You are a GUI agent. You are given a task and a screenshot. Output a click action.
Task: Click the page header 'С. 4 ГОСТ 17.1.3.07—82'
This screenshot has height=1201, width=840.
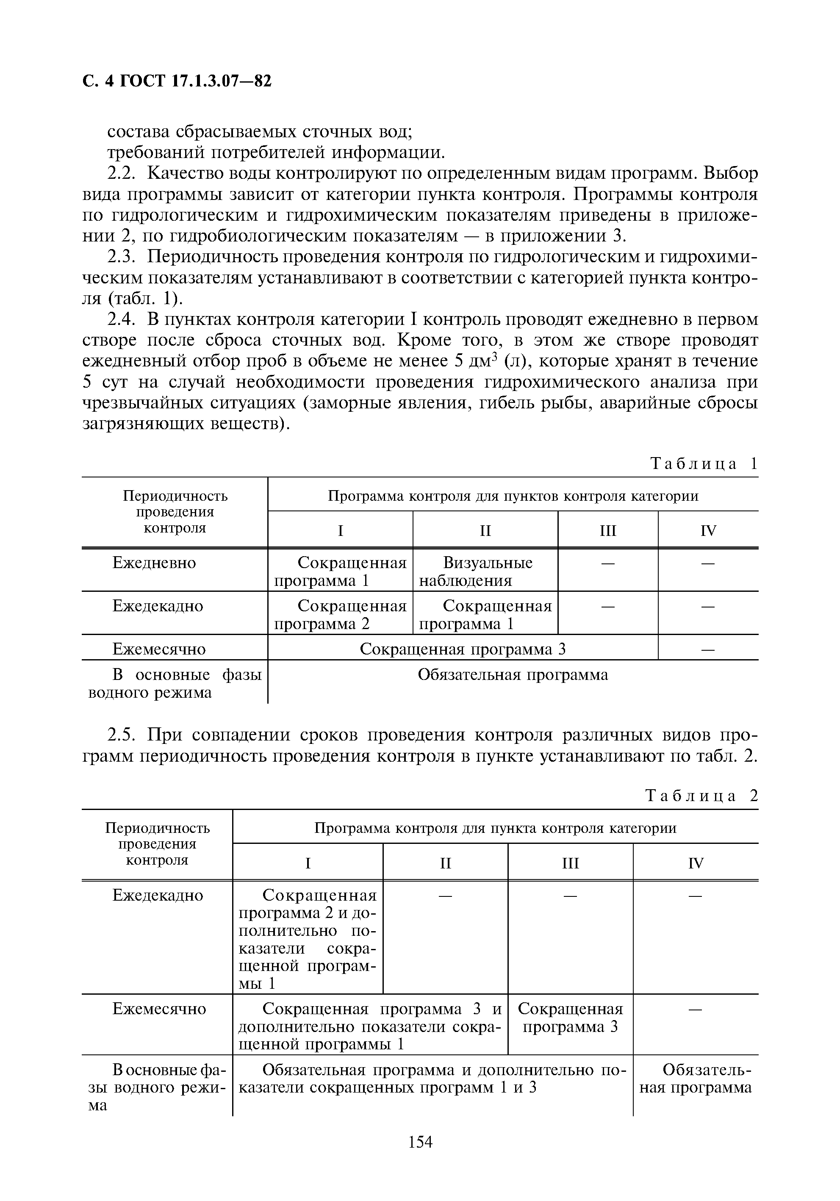point(177,81)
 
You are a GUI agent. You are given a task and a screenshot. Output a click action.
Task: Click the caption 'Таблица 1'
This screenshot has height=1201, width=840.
point(704,463)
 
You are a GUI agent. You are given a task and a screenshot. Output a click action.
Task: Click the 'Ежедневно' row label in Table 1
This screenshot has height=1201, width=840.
point(154,563)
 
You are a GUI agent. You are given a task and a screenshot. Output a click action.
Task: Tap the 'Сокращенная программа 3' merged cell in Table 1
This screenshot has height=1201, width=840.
point(463,649)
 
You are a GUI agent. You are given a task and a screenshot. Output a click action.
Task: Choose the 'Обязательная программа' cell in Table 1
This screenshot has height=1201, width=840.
point(513,675)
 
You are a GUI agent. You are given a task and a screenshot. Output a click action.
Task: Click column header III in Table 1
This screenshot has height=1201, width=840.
point(608,531)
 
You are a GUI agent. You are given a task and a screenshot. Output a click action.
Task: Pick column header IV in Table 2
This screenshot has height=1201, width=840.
point(696,863)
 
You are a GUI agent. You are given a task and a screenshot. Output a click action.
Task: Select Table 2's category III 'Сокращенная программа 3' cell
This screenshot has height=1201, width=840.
point(570,1018)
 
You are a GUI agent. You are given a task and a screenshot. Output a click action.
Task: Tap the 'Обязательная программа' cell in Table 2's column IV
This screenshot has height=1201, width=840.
point(696,1079)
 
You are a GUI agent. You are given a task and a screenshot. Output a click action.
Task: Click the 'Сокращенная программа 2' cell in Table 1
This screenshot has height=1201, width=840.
point(340,615)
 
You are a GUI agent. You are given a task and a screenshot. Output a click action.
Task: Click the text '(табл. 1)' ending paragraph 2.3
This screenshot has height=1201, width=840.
point(145,299)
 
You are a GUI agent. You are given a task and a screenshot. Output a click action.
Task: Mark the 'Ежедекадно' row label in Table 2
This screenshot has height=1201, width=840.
point(158,895)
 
